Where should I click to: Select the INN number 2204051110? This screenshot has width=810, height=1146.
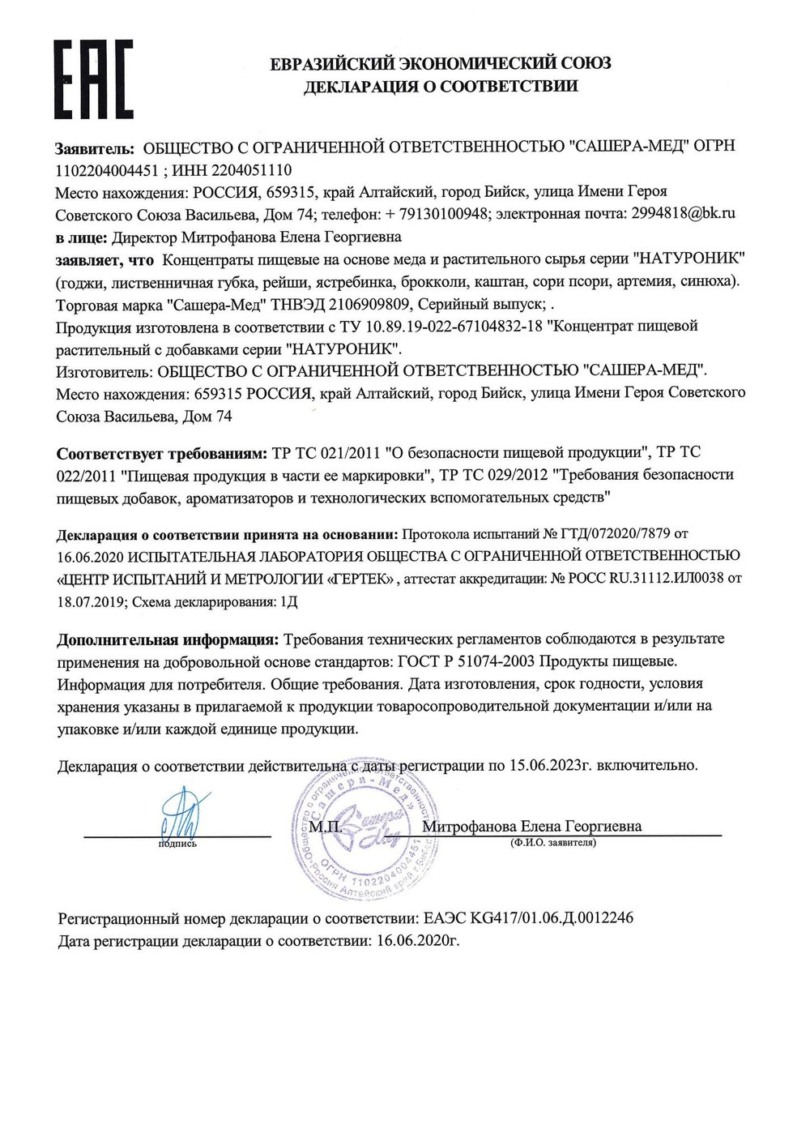click(x=252, y=170)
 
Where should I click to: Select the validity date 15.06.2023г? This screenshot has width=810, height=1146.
click(x=550, y=764)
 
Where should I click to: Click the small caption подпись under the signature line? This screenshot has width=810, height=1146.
click(x=177, y=844)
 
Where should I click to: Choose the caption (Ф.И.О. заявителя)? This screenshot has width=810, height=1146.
click(x=553, y=843)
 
